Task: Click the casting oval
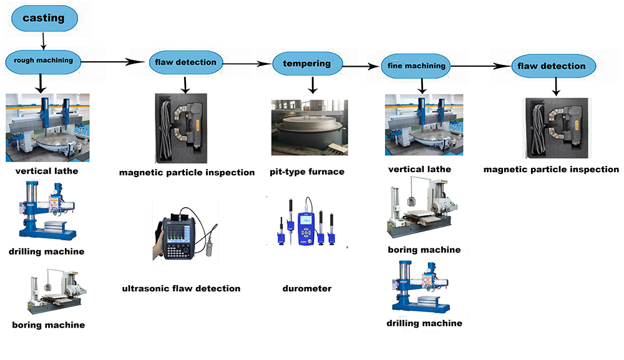[x=44, y=17]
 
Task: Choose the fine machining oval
[x=416, y=66]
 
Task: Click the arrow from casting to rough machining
[x=43, y=41]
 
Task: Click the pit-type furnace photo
[x=309, y=128]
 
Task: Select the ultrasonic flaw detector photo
[x=184, y=238]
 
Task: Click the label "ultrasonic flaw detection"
[x=182, y=288]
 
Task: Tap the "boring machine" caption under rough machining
[x=48, y=324]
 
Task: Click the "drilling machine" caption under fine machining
[x=424, y=323]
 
